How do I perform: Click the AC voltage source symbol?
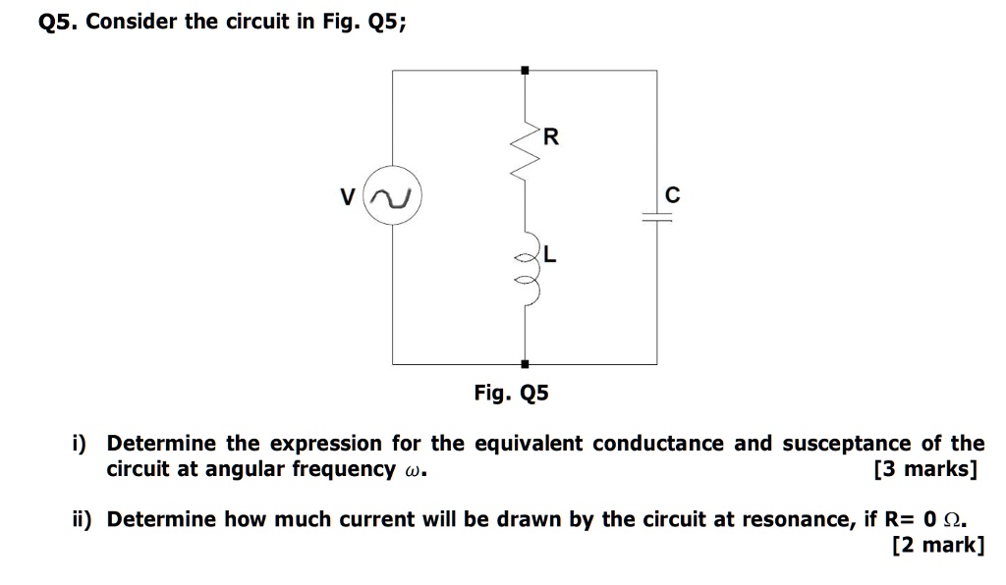click(393, 198)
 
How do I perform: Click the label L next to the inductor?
click(550, 256)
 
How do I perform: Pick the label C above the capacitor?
click(672, 195)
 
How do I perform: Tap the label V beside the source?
click(347, 198)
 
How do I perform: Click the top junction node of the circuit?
click(526, 70)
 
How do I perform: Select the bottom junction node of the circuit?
click(526, 363)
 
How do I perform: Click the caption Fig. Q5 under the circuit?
click(511, 394)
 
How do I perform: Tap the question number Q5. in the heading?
click(58, 22)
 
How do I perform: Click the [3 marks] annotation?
click(924, 469)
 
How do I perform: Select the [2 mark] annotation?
click(937, 544)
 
